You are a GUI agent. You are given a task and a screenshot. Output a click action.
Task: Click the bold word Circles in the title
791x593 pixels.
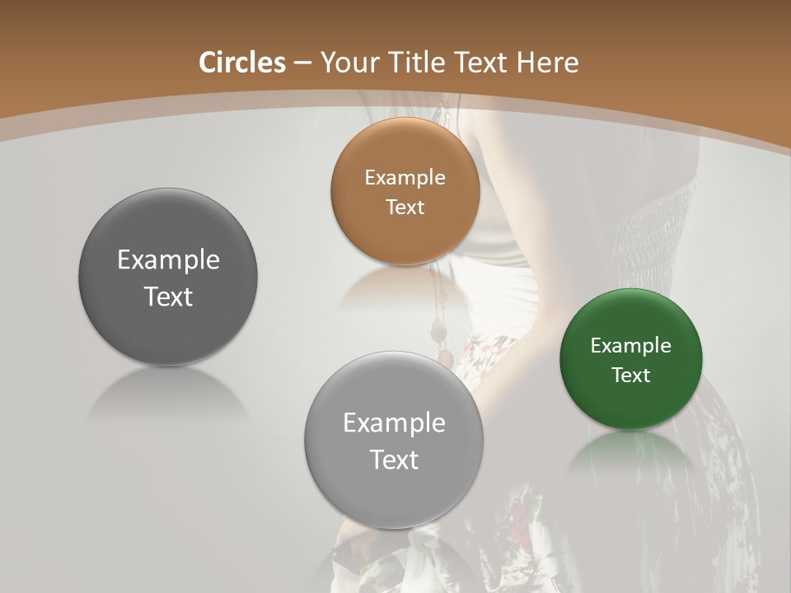coord(242,63)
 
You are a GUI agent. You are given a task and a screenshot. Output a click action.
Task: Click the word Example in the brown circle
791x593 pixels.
coord(405,178)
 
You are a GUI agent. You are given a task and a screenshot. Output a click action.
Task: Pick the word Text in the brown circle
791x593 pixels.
coord(405,207)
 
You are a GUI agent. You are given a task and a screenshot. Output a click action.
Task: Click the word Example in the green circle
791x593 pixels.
coord(631,346)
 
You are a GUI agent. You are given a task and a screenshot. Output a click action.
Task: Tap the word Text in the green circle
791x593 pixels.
coord(631,376)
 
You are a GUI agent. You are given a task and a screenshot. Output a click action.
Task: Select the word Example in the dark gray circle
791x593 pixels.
coord(168,260)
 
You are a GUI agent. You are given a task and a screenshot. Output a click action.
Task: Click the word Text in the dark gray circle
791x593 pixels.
coord(168,296)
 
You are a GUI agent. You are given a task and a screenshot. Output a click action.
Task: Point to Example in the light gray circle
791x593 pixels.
coord(394,423)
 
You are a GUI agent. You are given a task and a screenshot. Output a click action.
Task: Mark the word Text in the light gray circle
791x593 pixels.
coord(394,460)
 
